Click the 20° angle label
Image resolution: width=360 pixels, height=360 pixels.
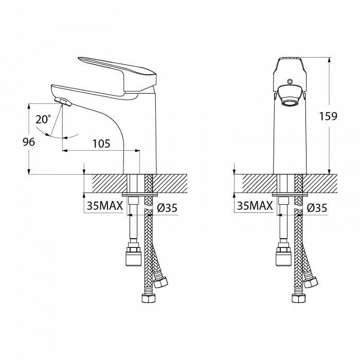coord(43,119)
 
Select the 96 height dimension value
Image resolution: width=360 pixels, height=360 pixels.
coord(29,142)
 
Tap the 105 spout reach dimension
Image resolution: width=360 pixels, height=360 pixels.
coord(101,143)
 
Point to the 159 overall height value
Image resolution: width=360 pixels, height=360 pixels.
coord(328,116)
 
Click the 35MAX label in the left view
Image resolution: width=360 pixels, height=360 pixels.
coord(105,206)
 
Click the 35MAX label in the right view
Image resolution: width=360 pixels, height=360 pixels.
coord(255,206)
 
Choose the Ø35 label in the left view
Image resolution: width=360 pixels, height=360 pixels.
coord(167,208)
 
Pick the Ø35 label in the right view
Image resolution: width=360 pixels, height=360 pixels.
coord(317,208)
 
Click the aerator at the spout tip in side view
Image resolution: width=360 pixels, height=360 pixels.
coord(64,102)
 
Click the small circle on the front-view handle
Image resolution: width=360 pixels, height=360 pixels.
coord(290,81)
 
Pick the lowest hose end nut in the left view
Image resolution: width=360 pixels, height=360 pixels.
coord(148,298)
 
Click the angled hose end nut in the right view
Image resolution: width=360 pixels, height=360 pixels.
coord(311,282)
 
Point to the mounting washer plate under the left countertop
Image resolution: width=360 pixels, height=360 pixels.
coord(139,195)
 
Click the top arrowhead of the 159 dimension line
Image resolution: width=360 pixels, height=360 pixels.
coord(330,60)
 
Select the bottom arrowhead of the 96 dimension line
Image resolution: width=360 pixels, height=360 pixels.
coord(29,172)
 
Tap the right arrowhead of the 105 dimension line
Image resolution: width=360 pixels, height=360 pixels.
coord(137,151)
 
